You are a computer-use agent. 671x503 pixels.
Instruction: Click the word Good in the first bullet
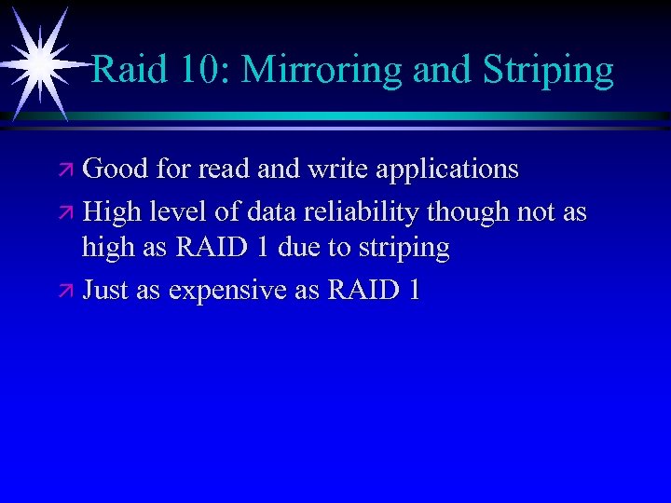tap(116, 169)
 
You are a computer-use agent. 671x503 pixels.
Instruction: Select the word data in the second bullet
tap(272, 212)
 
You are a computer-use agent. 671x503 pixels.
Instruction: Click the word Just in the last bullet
tap(105, 290)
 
